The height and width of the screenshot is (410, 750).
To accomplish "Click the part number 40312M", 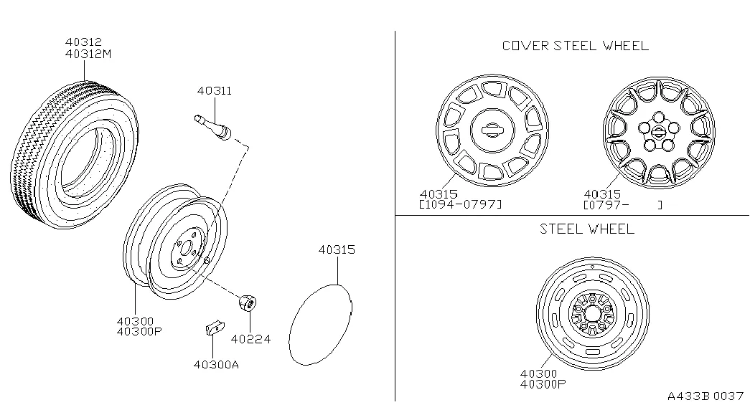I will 88,54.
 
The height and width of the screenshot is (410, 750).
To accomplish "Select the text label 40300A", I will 216,363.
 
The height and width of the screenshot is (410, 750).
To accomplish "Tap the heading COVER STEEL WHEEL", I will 575,46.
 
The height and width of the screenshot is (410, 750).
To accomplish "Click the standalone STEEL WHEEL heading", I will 587,229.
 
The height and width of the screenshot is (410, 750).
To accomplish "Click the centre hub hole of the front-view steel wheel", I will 592,315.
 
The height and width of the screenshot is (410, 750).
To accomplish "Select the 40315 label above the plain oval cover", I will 337,249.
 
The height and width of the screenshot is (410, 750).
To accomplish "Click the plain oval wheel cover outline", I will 320,325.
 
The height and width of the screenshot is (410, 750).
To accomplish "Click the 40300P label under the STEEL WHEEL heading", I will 543,384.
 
